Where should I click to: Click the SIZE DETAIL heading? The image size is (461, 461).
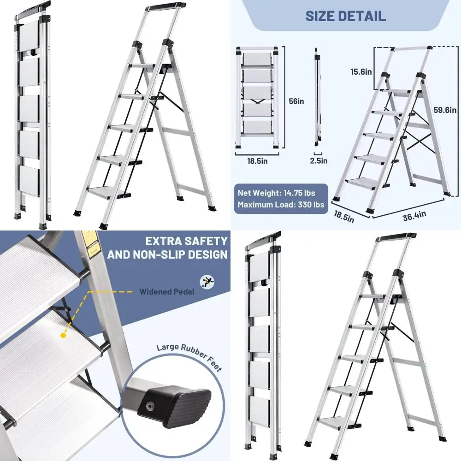[345, 16]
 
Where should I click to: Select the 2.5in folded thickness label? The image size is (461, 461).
[319, 161]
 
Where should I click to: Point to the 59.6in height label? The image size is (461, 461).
[445, 110]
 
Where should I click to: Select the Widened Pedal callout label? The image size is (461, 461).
[167, 291]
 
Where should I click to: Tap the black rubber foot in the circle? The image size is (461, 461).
[178, 401]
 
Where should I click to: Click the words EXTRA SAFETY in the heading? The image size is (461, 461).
[186, 241]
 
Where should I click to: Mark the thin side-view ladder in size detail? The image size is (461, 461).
[317, 97]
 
